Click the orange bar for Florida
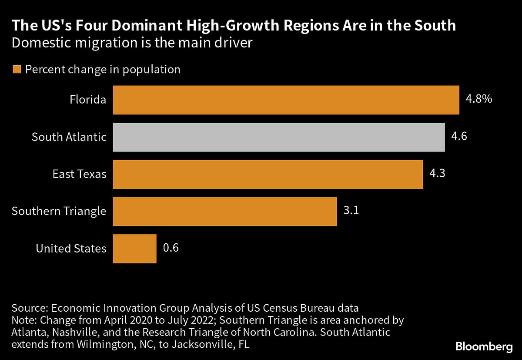[x=286, y=100]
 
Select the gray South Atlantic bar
[x=278, y=137]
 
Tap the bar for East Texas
[x=268, y=174]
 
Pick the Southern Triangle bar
[x=224, y=211]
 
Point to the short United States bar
[x=134, y=249]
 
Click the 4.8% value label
[x=478, y=99]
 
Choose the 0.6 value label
[x=171, y=248]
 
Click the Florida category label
[x=88, y=100]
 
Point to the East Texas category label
[x=79, y=174]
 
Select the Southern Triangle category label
[x=59, y=211]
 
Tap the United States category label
[x=71, y=249]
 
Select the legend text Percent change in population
[x=103, y=70]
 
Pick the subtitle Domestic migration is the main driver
[x=132, y=44]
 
